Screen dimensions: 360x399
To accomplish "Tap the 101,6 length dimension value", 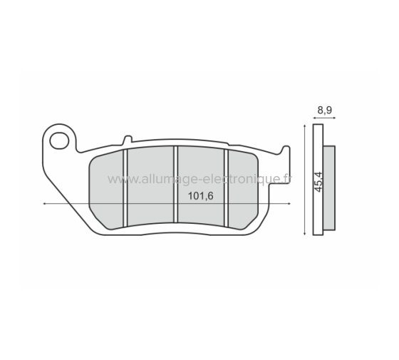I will [201, 197].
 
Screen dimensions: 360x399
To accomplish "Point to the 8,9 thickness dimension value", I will [324, 110].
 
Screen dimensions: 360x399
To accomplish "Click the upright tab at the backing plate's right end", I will [286, 152].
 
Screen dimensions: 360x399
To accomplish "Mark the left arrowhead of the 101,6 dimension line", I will [46, 205].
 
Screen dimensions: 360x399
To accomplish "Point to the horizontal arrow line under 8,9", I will [325, 118].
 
